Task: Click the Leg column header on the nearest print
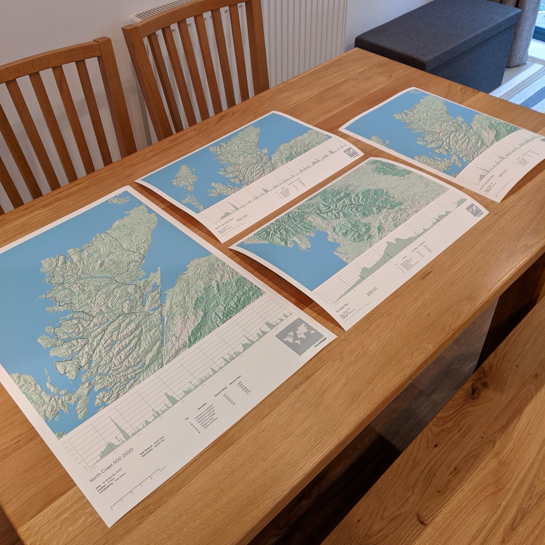185,418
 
